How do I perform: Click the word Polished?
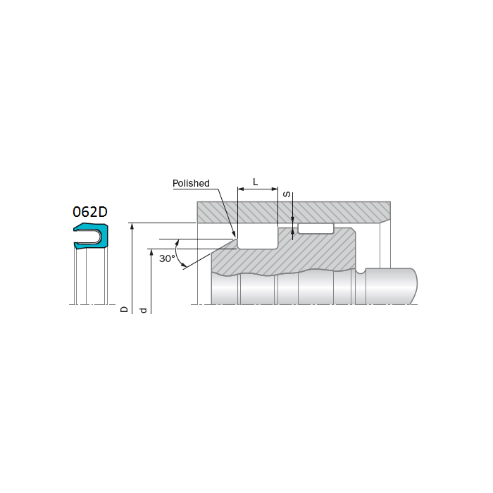191,183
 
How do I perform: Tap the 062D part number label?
89,212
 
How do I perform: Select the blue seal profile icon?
92,236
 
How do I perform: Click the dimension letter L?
255,182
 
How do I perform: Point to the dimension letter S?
287,194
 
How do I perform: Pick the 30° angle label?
167,258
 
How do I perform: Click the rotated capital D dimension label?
125,308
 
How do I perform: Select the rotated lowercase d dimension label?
144,310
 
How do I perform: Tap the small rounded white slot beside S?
316,228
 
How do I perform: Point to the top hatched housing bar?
293,211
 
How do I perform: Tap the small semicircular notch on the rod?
361,270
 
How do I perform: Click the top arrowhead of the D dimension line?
132,226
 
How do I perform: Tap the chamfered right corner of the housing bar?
385,220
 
